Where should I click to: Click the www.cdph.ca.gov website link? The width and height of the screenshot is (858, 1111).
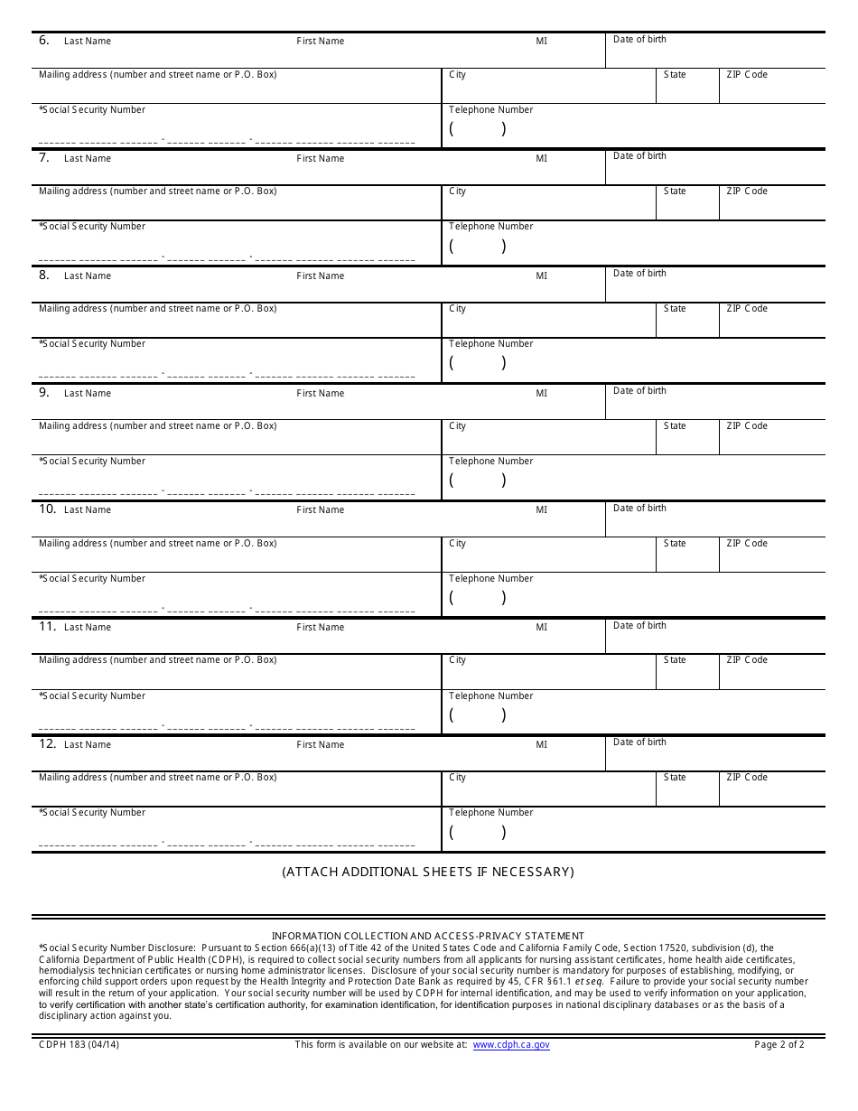point(510,1045)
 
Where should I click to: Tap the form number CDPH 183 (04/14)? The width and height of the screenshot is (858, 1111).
point(79,1045)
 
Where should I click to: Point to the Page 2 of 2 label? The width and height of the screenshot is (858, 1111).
point(779,1045)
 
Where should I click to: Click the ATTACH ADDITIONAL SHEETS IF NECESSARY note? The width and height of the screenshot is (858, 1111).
point(428,872)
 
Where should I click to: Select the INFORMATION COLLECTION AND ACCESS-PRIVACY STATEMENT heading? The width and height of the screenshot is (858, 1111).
point(428,936)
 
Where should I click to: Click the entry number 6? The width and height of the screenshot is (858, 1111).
point(44,41)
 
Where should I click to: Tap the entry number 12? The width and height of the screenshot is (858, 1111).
point(47,744)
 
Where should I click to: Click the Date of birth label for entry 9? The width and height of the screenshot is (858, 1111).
point(639,391)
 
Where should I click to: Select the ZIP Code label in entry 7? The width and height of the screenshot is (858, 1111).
point(746,191)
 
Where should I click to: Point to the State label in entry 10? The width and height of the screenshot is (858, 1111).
point(675,544)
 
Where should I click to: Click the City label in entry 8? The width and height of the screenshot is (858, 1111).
point(457,309)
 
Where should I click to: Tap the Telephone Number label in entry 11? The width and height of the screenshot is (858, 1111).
point(490,696)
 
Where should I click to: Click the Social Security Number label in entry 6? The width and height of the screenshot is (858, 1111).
point(92,110)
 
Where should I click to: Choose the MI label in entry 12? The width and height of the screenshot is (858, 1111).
point(541,745)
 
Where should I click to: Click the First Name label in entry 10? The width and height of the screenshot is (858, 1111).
point(320,510)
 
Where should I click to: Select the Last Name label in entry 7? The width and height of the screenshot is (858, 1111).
point(88,159)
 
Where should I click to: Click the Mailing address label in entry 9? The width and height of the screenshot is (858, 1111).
point(157,426)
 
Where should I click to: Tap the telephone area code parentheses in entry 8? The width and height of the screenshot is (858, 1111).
point(478,363)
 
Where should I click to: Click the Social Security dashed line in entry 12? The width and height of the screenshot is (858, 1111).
point(226,845)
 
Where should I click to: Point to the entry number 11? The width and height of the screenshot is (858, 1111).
point(47,627)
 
